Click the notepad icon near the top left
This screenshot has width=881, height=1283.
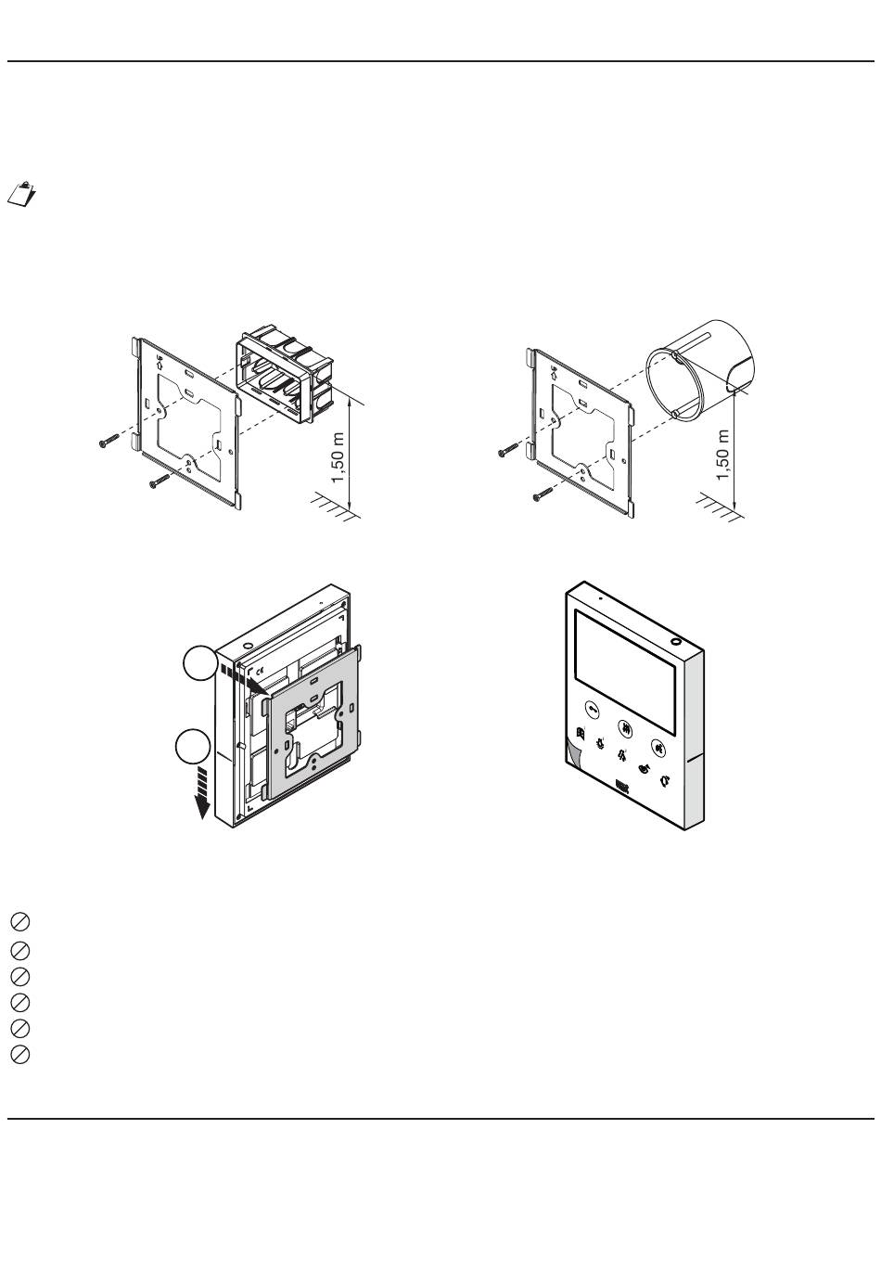pyautogui.click(x=21, y=194)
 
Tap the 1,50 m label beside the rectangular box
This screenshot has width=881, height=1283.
pyautogui.click(x=338, y=458)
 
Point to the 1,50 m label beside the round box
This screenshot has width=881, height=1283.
pyautogui.click(x=723, y=455)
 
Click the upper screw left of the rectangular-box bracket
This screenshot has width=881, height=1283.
pyautogui.click(x=109, y=441)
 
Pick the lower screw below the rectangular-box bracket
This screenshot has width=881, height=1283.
pyautogui.click(x=160, y=481)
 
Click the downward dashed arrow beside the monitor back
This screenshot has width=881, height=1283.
pyautogui.click(x=201, y=793)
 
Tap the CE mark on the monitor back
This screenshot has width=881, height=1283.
pyautogui.click(x=259, y=669)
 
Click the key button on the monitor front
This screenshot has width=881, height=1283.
pyautogui.click(x=593, y=709)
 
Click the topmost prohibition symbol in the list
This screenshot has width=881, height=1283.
pyautogui.click(x=20, y=921)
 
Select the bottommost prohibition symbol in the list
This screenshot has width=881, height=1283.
pyautogui.click(x=20, y=1055)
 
